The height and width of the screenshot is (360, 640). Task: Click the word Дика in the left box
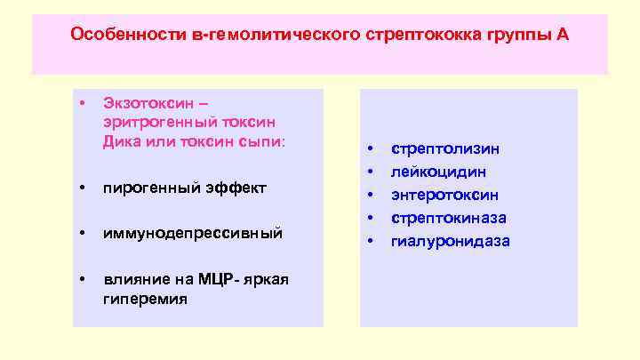pos(122,141)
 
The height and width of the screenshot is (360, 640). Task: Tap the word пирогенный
pos(146,188)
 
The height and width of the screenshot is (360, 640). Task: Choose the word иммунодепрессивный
pos(193,234)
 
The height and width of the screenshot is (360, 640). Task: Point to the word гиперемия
pos(146,299)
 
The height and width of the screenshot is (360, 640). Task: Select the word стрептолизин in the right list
pos(445,148)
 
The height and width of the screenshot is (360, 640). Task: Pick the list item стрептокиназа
pos(449,218)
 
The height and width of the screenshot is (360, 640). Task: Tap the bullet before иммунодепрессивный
pos(83,234)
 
